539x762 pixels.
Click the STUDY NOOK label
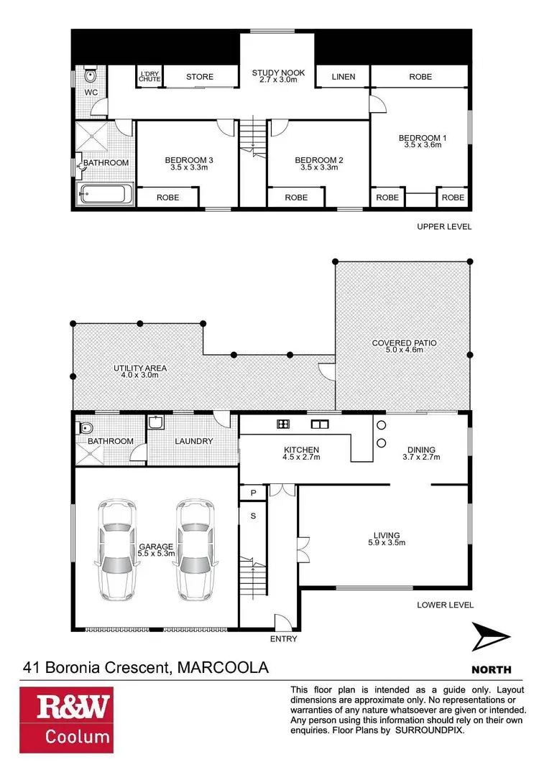(278, 73)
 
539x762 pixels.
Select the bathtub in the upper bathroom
(105, 194)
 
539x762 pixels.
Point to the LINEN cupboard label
(344, 77)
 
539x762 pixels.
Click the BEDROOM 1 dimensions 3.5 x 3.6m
(420, 145)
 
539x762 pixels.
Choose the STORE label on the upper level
(200, 77)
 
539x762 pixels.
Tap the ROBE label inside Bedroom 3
(167, 198)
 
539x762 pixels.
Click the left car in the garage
(117, 549)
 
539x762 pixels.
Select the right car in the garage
(195, 549)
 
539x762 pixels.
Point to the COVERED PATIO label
(404, 343)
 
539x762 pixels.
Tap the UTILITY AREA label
(140, 368)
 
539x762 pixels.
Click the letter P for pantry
(252, 493)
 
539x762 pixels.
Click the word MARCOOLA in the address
(221, 668)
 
